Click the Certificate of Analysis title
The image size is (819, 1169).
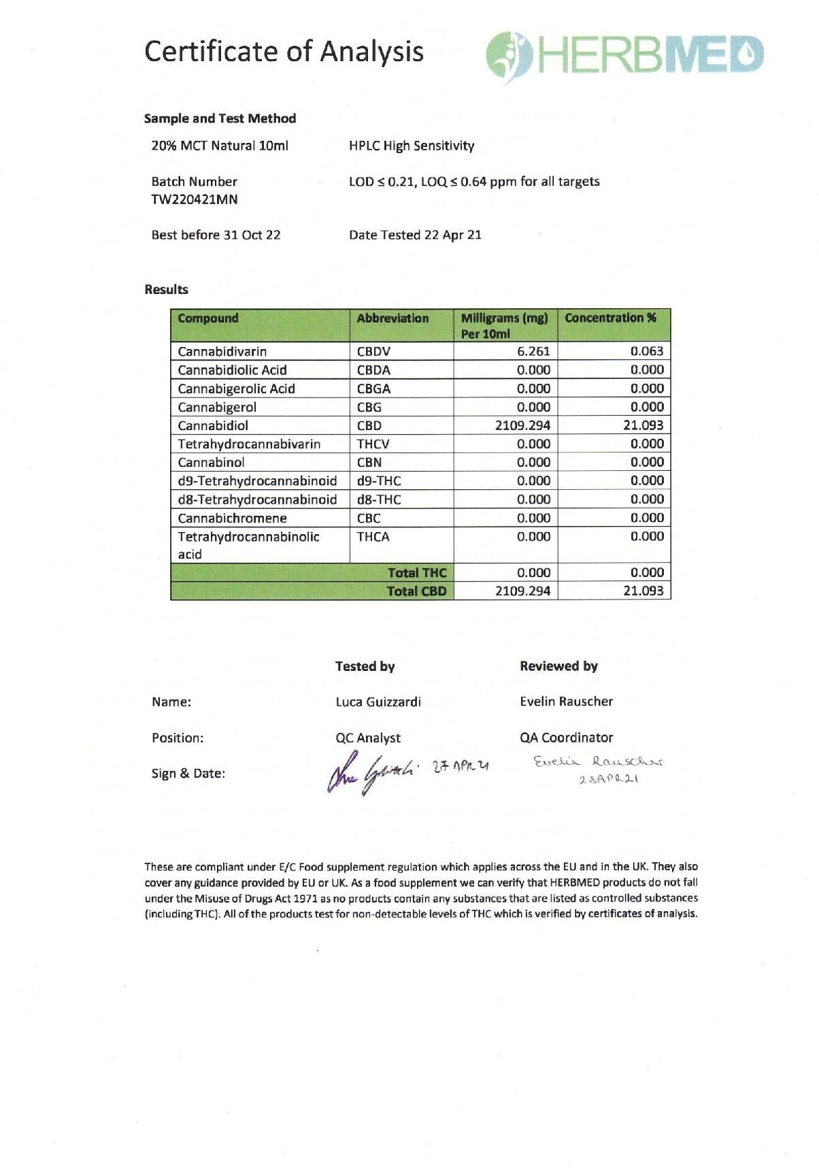[x=284, y=52]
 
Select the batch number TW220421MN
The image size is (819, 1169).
[x=195, y=199]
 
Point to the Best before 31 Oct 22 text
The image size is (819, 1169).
[x=216, y=235]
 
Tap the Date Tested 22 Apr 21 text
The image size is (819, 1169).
[x=415, y=235]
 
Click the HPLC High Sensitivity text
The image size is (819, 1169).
[x=412, y=146]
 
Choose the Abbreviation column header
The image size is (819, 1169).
[x=392, y=318]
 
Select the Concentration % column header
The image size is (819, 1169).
[x=610, y=318]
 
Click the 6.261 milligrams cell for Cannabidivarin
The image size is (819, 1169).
[x=533, y=351]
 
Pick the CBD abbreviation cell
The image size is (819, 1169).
[x=369, y=425]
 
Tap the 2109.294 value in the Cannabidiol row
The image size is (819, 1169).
[x=522, y=425]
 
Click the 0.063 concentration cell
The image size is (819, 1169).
[x=646, y=351]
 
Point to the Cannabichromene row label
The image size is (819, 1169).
[x=232, y=518]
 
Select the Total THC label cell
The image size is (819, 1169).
[x=416, y=572]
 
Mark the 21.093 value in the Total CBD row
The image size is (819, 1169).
[x=643, y=591]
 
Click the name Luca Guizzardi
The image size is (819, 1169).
[x=378, y=702]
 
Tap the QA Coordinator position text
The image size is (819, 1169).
[x=566, y=738]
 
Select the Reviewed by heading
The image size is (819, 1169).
[x=558, y=666]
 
